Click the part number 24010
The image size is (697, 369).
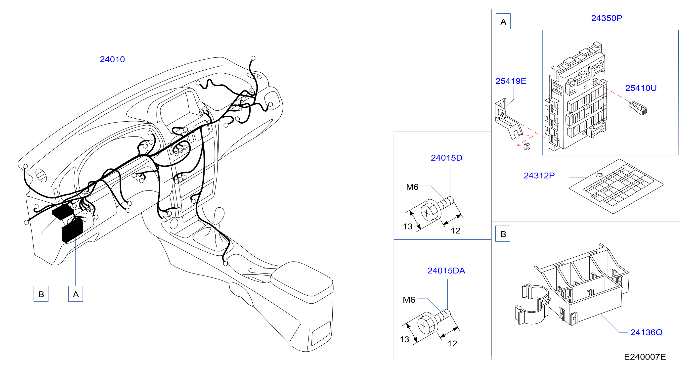click(112, 59)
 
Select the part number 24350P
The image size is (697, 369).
click(606, 18)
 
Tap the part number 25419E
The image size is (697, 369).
click(511, 81)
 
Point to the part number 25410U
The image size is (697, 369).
click(641, 88)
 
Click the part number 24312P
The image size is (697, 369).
click(539, 176)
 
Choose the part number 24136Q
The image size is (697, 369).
click(646, 332)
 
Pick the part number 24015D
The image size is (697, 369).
click(446, 158)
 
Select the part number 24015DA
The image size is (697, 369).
click(446, 271)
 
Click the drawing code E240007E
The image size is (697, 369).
click(645, 357)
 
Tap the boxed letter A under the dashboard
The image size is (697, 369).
click(76, 294)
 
